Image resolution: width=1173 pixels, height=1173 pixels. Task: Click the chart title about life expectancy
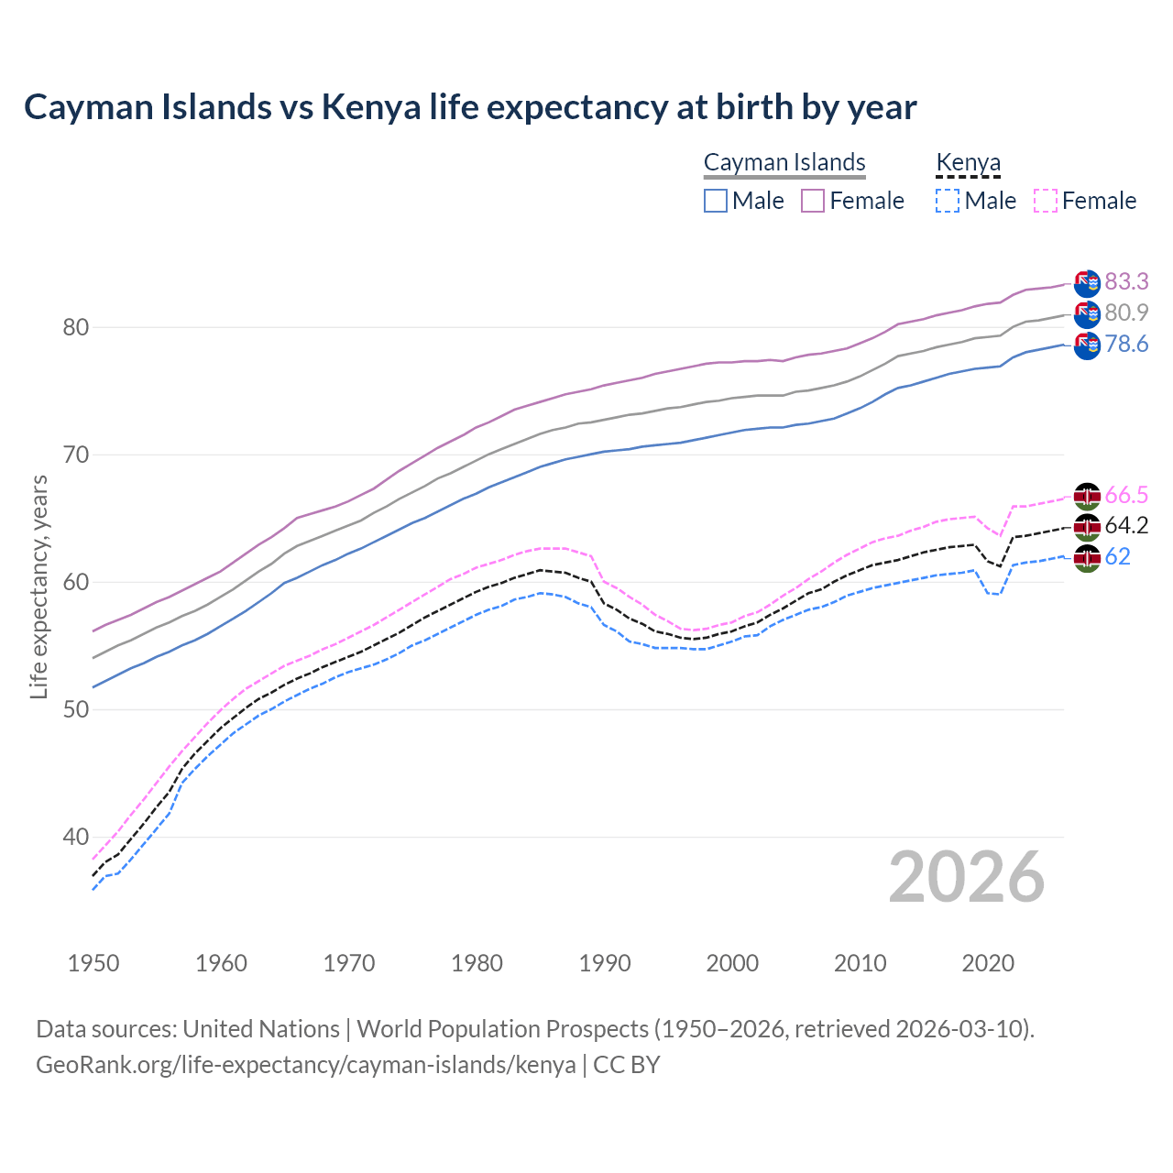(x=470, y=107)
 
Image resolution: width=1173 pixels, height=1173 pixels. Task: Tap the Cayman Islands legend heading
(x=784, y=162)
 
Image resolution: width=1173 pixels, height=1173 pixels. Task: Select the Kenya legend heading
(x=968, y=162)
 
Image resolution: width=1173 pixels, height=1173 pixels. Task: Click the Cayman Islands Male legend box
(x=716, y=201)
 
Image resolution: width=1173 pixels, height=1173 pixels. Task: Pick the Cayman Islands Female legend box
(x=813, y=201)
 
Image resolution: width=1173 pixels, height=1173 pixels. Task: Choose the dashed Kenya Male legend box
(x=948, y=201)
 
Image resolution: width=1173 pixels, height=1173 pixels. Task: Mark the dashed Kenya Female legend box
(x=1046, y=201)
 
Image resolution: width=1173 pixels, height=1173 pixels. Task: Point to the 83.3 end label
(x=1126, y=281)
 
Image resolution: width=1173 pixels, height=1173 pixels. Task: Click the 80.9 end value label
(x=1126, y=312)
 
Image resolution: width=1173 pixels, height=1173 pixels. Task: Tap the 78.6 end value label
(x=1126, y=344)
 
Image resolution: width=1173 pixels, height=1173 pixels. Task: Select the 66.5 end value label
(x=1126, y=495)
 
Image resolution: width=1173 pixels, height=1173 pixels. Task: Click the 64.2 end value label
(x=1126, y=525)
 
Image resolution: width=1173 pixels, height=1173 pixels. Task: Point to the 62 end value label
(x=1117, y=556)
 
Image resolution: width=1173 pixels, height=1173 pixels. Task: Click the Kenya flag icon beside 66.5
(x=1087, y=496)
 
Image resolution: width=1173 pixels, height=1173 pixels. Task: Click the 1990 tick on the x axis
(x=605, y=963)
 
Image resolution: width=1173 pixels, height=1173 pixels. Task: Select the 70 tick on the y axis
(x=76, y=455)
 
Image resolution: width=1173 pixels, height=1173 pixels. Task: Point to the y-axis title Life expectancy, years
(x=38, y=586)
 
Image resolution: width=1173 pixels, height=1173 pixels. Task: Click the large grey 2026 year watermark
(x=967, y=877)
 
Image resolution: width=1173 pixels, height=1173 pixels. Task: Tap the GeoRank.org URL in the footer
(x=305, y=1065)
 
